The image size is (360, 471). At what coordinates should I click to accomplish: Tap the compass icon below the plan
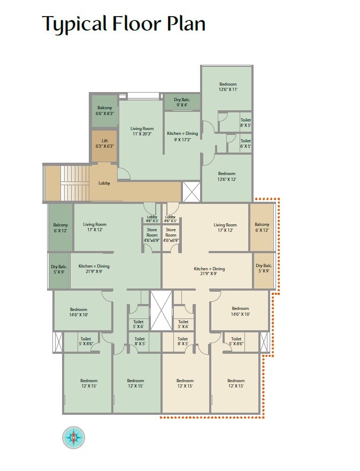coord(74,438)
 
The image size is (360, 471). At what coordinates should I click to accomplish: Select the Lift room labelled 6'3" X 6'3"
coord(104,146)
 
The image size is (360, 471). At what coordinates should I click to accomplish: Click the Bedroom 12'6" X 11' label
coord(228,87)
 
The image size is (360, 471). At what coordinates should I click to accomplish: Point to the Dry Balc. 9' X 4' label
coord(182,102)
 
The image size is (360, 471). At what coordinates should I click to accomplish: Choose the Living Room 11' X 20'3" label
coord(142,131)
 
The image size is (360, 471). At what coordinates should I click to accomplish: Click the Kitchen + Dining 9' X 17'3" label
coord(182,136)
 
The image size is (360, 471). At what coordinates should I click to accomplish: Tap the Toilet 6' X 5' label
coord(246,143)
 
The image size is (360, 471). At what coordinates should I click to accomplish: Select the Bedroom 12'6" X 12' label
coord(227,176)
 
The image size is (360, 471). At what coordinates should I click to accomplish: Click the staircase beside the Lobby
coord(75,183)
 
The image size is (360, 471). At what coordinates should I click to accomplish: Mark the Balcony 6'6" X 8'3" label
coord(104,111)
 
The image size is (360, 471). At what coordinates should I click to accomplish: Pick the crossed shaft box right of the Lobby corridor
coord(192,192)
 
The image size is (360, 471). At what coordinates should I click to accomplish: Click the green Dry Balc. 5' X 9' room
coord(59,271)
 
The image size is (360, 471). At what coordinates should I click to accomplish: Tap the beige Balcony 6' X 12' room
coord(262,227)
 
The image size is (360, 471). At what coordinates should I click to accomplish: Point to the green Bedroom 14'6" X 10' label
coord(79,312)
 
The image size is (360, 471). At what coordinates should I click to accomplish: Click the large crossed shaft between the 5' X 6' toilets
coord(162,310)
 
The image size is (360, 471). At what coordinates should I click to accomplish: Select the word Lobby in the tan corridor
coord(104,183)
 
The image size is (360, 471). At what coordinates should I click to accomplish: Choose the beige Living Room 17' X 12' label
coord(225,227)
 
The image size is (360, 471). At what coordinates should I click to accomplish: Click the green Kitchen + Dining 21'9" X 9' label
coord(94,269)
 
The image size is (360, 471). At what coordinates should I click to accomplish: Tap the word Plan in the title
coord(186,24)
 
